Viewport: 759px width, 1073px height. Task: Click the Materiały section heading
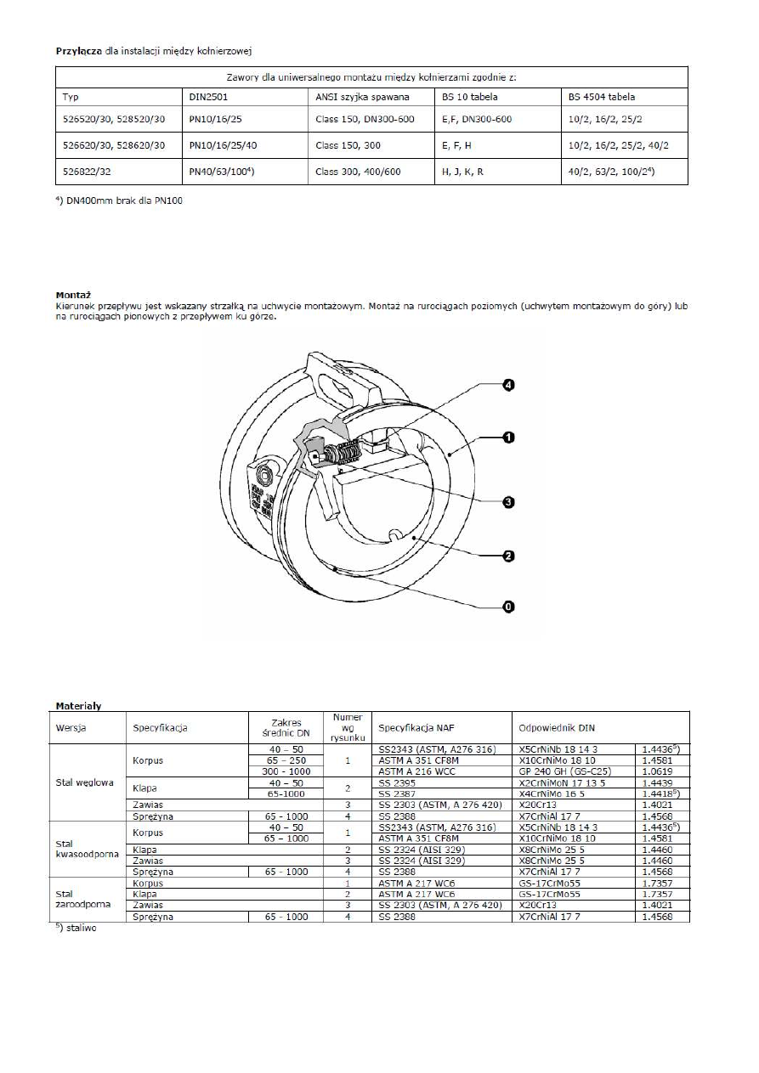78,705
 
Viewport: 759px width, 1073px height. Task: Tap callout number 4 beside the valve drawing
507,385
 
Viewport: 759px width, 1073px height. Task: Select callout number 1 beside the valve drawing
507,438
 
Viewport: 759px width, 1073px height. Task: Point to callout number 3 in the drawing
507,502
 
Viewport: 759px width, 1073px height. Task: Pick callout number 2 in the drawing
507,556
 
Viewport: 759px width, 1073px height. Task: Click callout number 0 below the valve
507,607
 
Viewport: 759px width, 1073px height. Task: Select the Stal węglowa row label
85,782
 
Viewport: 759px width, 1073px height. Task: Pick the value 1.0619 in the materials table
655,771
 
